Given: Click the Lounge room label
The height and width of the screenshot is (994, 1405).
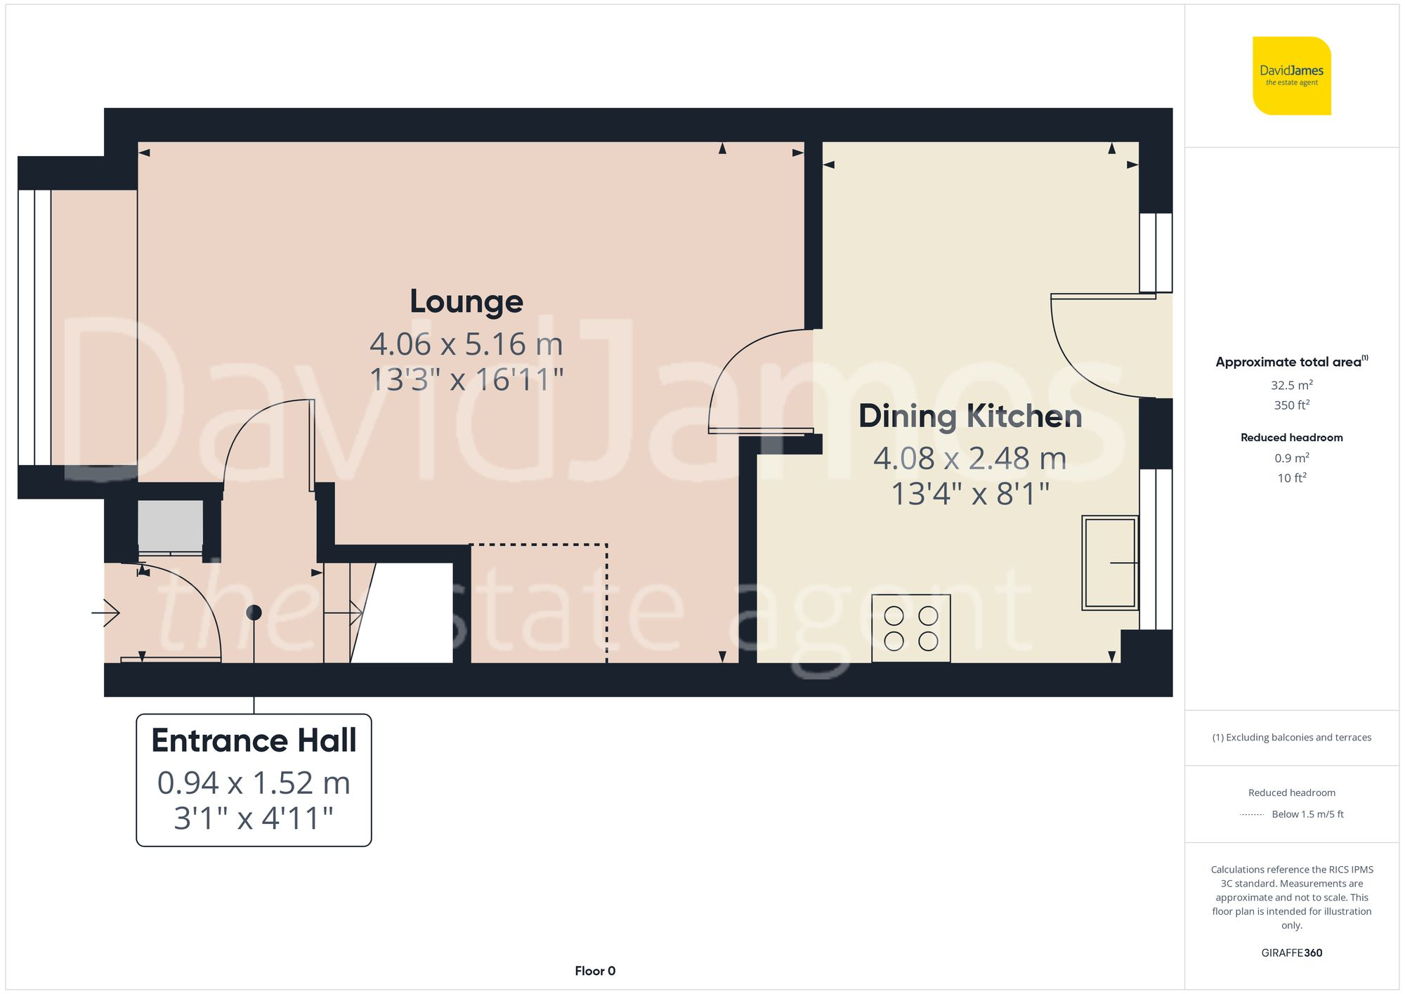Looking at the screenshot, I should (x=466, y=302).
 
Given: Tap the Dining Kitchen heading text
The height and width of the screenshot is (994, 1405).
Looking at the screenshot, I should (x=969, y=416).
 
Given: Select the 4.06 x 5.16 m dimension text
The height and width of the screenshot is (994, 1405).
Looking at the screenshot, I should (x=466, y=344).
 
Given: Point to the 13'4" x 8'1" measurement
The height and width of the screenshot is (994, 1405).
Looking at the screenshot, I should (x=969, y=494).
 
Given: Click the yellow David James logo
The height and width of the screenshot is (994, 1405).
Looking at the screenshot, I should (x=1291, y=76).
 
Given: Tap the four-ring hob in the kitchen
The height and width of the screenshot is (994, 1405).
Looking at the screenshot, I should (x=910, y=628).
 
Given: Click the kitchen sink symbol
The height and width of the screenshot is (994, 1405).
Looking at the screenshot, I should (x=1109, y=563).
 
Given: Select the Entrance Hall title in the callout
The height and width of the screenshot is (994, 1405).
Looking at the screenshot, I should (x=254, y=740).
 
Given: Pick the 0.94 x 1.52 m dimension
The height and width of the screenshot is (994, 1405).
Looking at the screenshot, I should (x=254, y=783).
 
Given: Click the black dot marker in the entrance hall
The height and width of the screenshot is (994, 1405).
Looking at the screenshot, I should (x=254, y=613).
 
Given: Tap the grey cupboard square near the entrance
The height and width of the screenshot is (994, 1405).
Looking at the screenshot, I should (x=170, y=525).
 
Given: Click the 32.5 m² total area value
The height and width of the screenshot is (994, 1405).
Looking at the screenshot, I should (x=1291, y=385).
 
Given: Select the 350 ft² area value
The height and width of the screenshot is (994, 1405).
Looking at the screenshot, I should (x=1291, y=405).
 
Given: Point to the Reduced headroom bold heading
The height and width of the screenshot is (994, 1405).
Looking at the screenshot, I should (x=1291, y=438).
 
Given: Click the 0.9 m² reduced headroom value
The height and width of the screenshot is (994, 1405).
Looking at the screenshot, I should (x=1291, y=458).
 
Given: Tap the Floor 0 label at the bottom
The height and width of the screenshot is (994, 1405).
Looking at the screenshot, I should (x=595, y=971).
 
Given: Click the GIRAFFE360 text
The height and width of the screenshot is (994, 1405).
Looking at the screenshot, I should (x=1291, y=953).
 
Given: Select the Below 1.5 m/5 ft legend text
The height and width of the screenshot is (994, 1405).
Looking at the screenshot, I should (x=1307, y=814).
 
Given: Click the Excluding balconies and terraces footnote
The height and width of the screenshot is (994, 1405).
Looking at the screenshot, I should (x=1291, y=738).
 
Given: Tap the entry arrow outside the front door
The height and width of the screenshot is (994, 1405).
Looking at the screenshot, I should (x=107, y=613).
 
